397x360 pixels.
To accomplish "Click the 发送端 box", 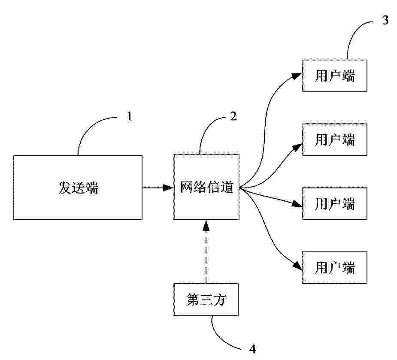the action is coord(78,188).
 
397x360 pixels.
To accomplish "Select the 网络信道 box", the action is coord(206,187).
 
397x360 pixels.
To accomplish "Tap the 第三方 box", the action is coord(206,299).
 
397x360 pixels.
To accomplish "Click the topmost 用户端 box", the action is coord(335,76).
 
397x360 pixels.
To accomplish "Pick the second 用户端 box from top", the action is coord(335,140).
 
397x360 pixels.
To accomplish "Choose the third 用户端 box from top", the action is coord(335,204).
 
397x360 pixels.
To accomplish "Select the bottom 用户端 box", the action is coord(335,268).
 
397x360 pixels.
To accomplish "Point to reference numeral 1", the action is coord(130,116).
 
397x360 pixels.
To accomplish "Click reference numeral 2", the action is coord(233,116).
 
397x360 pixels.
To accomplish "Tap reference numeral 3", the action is coord(385,20).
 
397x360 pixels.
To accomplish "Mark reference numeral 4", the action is coord(253,349).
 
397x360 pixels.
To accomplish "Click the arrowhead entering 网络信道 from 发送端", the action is coord(168,188).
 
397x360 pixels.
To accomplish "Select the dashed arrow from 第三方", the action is coord(206,251).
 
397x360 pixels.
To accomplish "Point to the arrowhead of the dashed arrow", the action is coord(206,225).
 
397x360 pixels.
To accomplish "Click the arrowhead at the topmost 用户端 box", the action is coord(297,76).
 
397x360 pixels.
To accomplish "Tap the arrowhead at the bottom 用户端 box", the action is coord(298,266).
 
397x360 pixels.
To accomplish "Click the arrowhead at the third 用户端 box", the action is coord(297,203).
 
